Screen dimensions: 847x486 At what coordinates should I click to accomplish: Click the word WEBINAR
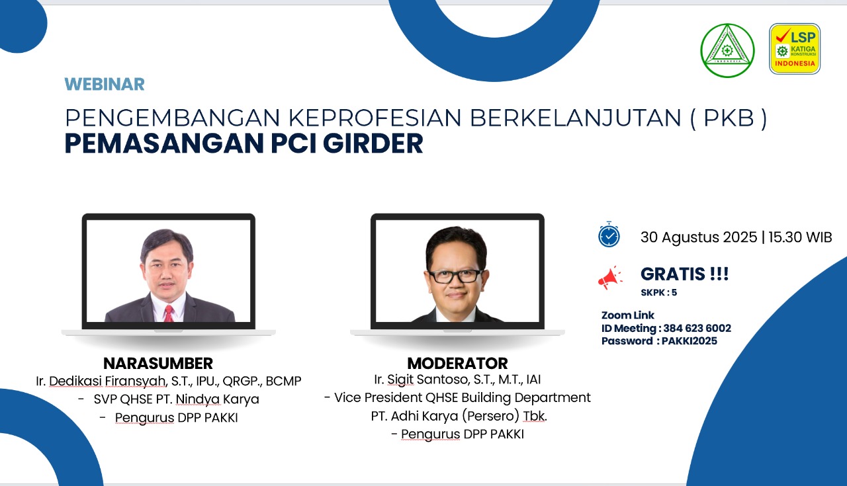point(105,84)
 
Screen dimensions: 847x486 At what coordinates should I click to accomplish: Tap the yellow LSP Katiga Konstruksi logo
point(795,49)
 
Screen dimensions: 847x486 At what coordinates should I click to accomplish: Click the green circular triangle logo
point(727,50)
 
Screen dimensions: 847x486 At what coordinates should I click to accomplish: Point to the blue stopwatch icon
point(609,234)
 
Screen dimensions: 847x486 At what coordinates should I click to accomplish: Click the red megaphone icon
point(609,278)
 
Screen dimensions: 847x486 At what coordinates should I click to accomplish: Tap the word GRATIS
point(673,274)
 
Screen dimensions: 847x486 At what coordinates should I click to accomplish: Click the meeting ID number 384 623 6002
point(697,328)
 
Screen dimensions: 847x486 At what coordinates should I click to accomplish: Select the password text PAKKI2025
point(689,341)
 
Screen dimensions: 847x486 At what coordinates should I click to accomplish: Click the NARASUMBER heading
point(158,364)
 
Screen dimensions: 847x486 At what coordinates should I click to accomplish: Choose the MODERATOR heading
point(457,364)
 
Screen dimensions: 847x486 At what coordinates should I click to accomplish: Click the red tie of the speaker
point(168,313)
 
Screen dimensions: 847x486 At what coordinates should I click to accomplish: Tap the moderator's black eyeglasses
point(455,276)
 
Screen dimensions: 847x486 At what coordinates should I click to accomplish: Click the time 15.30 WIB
point(800,237)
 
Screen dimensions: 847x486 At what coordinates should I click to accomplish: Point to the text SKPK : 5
point(658,292)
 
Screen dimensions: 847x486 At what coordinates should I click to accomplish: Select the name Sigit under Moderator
point(400,380)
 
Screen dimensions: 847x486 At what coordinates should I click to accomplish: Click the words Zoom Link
point(628,315)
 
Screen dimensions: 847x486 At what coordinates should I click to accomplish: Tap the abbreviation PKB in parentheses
point(729,118)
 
